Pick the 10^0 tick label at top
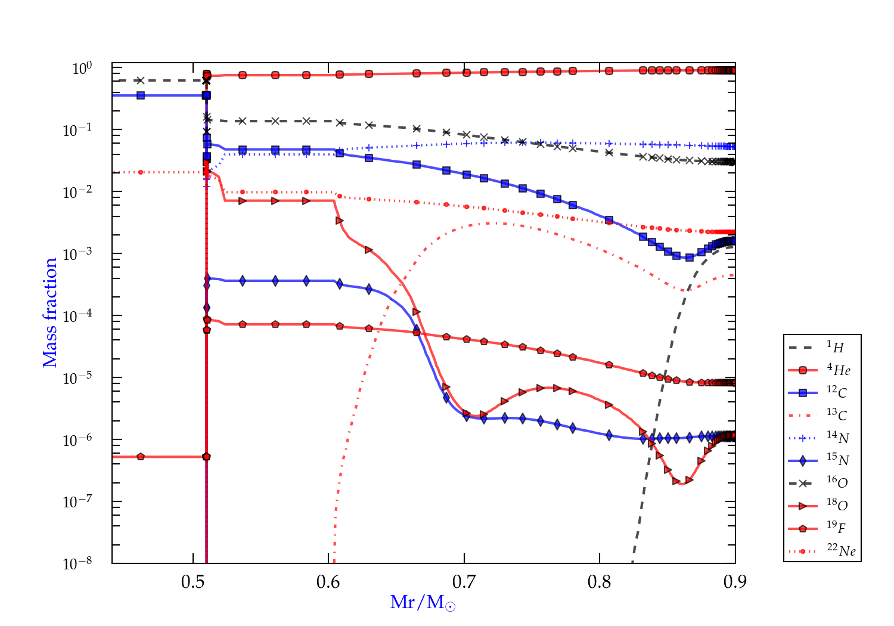coord(82,69)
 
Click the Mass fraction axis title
coord(50,312)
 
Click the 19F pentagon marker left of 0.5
coord(141,457)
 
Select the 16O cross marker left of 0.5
coord(141,80)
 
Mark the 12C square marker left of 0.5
coord(141,95)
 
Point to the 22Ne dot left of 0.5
coord(141,172)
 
